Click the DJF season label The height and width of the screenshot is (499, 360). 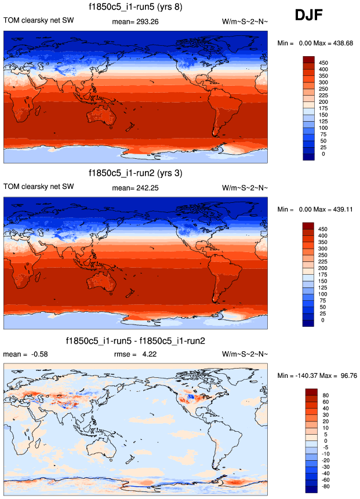click(x=312, y=15)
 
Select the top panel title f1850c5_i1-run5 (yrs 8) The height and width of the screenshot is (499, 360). click(x=136, y=7)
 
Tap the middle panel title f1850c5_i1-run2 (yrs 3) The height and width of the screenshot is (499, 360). click(x=136, y=173)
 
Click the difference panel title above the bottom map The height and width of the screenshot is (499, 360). click(x=136, y=340)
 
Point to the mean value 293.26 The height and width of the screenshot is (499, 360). click(x=145, y=21)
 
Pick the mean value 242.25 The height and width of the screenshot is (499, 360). click(x=145, y=187)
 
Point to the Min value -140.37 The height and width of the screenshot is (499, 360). click(x=307, y=376)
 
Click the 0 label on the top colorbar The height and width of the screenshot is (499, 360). click(x=323, y=154)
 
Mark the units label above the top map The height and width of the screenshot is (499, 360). click(x=245, y=21)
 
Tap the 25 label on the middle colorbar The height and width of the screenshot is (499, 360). click(x=325, y=313)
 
